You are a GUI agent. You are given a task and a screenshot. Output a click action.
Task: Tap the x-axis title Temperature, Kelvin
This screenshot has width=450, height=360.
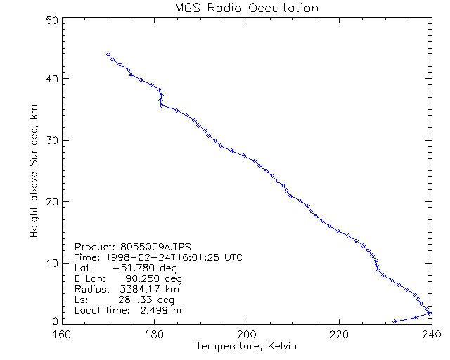246,346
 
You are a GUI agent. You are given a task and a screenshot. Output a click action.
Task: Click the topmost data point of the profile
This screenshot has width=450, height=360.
108,53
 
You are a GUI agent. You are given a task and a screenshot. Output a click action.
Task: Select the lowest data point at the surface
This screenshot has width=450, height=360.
394,321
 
